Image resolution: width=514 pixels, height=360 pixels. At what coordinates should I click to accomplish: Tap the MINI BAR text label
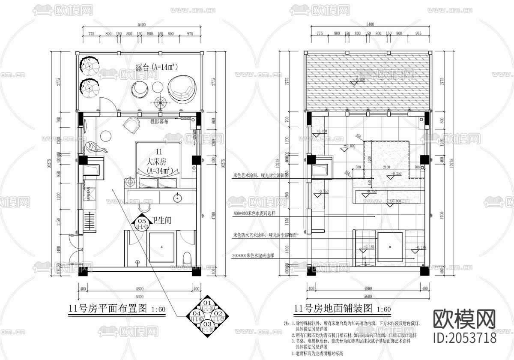[89, 194]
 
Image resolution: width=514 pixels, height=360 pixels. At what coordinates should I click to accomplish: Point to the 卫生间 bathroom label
[161, 221]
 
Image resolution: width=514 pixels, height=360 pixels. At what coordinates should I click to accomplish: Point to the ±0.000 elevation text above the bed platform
[350, 146]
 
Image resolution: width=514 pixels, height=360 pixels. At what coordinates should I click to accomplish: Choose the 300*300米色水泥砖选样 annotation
[254, 255]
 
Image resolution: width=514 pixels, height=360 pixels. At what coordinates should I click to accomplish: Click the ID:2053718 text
[465, 337]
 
